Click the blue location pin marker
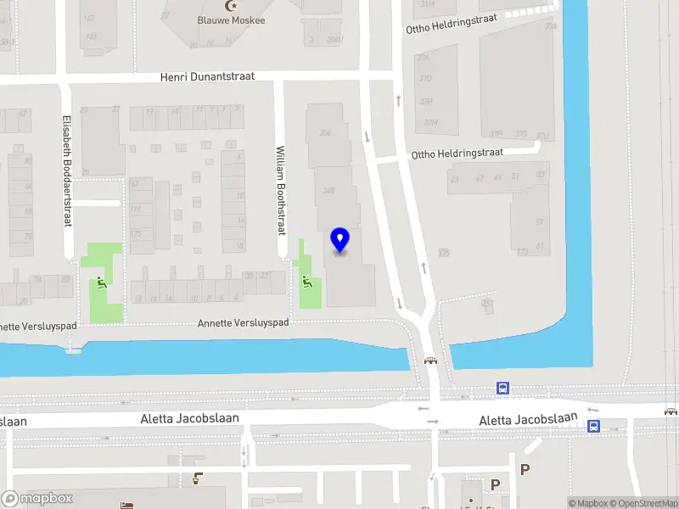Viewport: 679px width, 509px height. click(340, 240)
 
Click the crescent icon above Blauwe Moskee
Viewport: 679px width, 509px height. click(229, 5)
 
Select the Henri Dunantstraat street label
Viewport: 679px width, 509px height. click(207, 77)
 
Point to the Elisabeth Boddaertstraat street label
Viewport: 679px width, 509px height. click(67, 171)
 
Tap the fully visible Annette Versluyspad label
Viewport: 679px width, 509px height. click(243, 323)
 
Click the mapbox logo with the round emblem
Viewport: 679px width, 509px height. click(37, 498)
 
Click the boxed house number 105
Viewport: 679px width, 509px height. click(443, 253)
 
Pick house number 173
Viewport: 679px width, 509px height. click(522, 252)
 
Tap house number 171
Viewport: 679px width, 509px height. click(135, 209)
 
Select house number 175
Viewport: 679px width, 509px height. click(135, 234)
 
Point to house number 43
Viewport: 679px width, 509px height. click(455, 179)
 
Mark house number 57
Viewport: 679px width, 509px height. click(538, 221)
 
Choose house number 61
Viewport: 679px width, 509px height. click(538, 246)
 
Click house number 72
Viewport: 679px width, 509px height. click(27, 237)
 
